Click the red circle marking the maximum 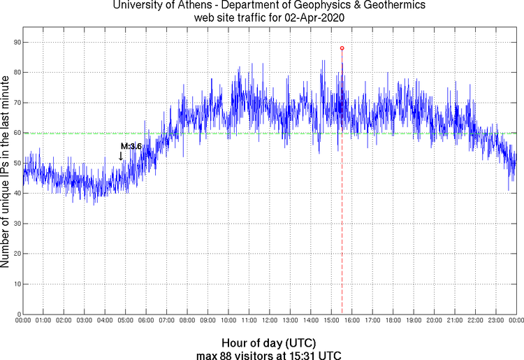342,48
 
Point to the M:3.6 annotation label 131,146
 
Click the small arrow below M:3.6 121,156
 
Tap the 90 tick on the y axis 15,43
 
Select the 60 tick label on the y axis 15,133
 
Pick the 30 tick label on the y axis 15,223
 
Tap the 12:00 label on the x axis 270,321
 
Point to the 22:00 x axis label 475,321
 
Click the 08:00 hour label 187,321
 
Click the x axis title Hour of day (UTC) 269,343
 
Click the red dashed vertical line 342,210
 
